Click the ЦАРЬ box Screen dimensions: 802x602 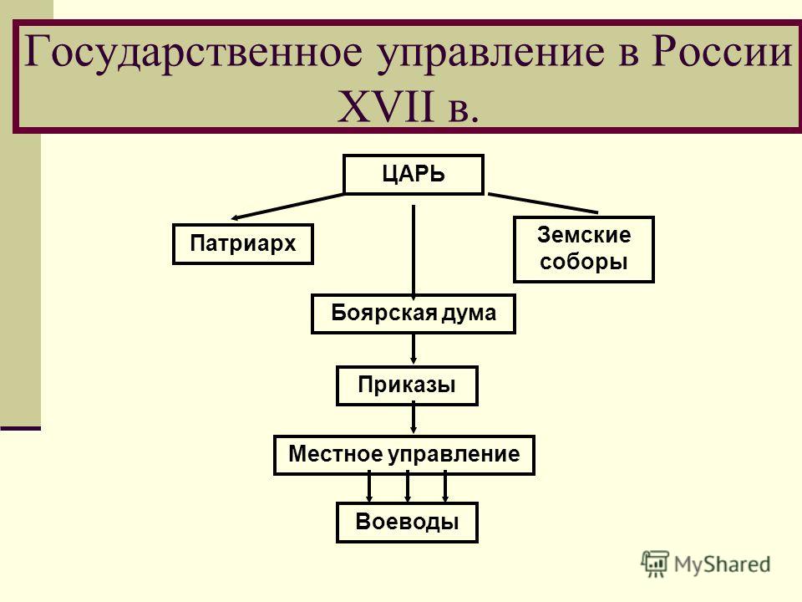tap(414, 175)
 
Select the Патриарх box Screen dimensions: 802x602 tap(243, 243)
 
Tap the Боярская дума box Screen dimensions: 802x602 tap(414, 314)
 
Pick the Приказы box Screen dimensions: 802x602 tap(407, 385)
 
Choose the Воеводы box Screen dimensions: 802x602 tap(407, 522)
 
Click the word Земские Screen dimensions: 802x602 tap(584, 235)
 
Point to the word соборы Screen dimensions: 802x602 tap(584, 262)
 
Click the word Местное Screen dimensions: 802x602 tap(336, 454)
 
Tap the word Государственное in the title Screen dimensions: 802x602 tap(193, 52)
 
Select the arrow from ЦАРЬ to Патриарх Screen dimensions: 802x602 tap(288, 207)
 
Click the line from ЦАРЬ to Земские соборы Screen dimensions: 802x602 tap(543, 202)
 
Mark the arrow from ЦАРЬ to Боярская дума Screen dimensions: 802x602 tap(414, 253)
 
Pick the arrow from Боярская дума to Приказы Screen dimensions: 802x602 tap(414, 349)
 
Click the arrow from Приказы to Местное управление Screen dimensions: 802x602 tap(414, 419)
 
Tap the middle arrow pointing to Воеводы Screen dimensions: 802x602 tap(407, 487)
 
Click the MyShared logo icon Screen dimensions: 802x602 tap(655, 564)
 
